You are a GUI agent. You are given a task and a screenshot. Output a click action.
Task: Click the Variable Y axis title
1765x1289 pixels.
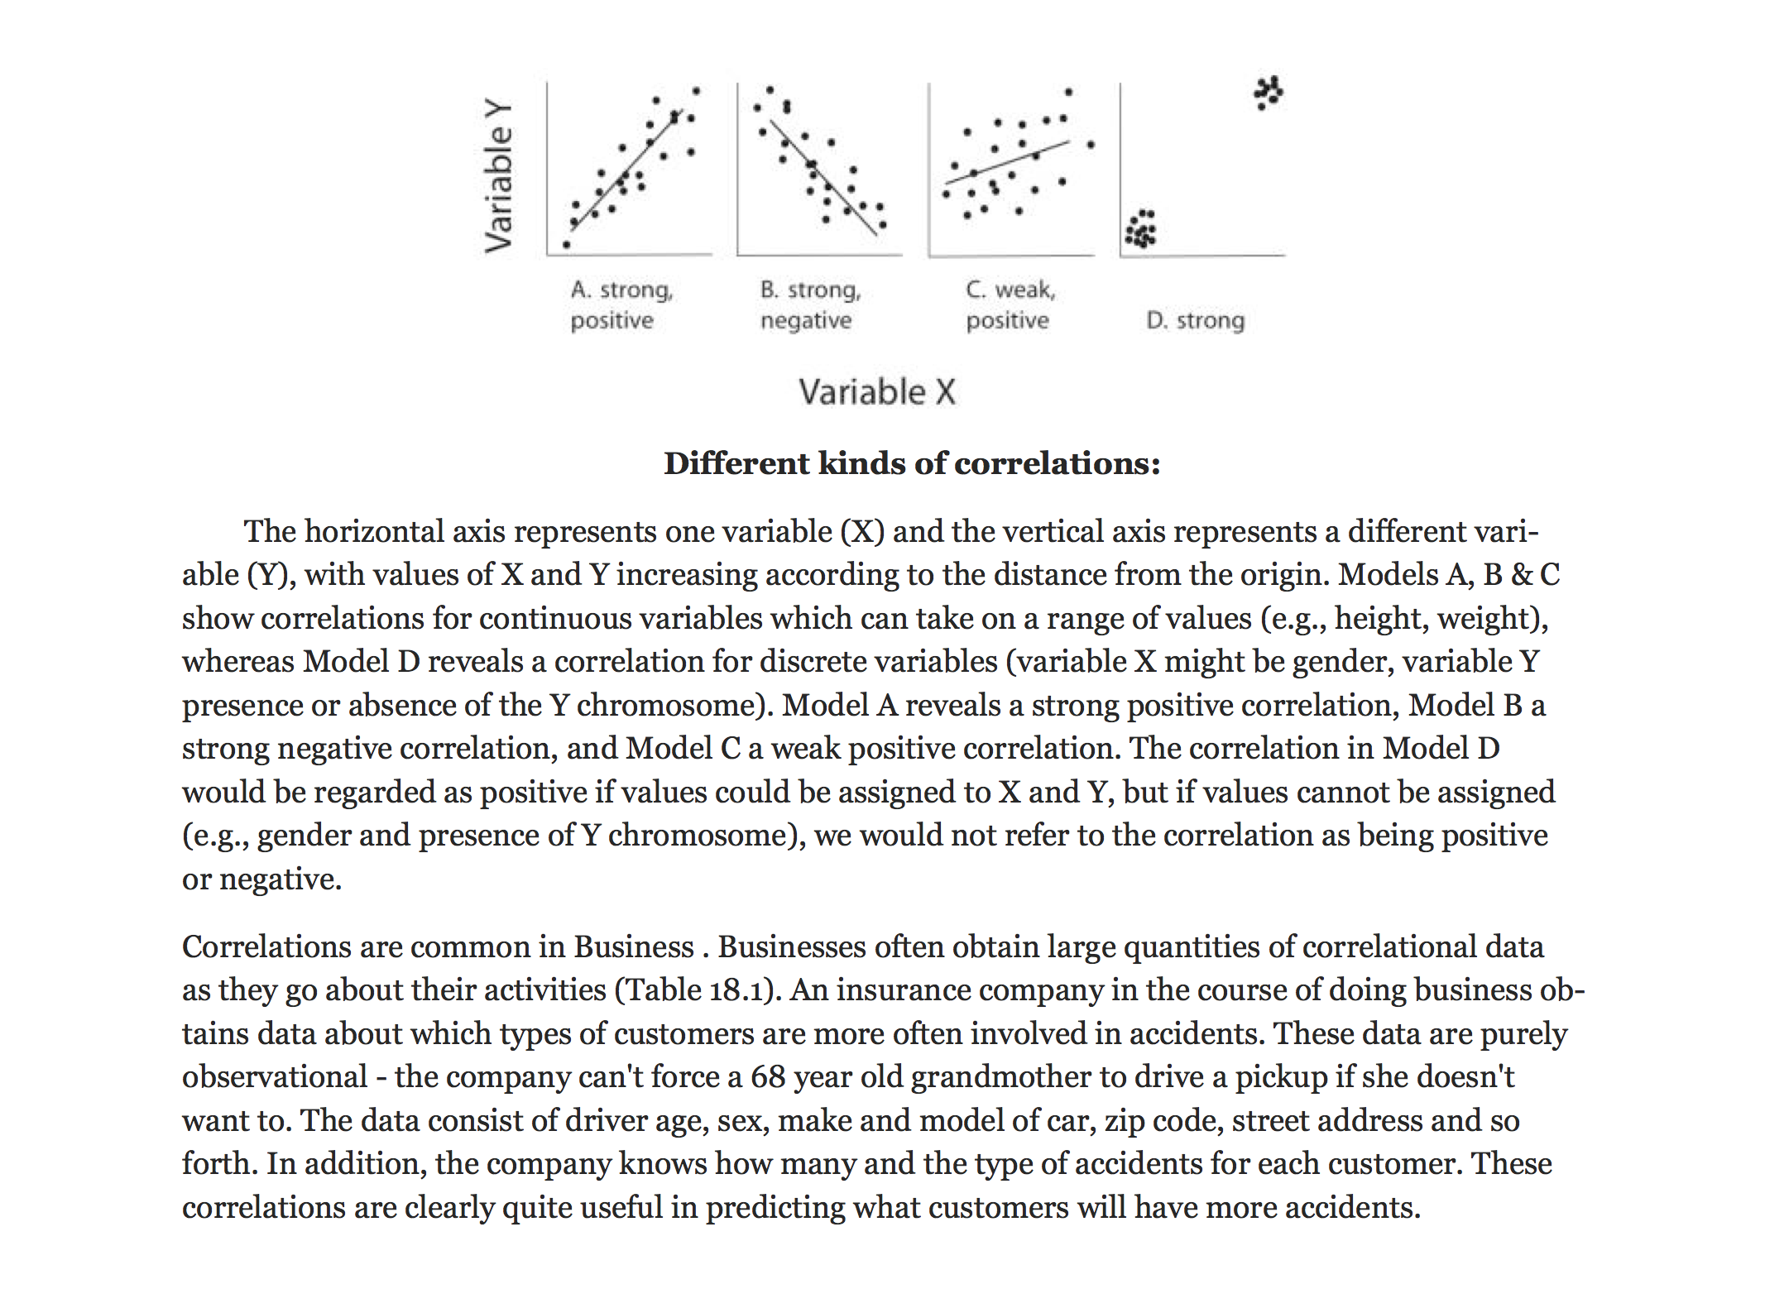coord(498,175)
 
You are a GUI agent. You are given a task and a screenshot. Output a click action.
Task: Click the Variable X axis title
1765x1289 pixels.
coord(877,392)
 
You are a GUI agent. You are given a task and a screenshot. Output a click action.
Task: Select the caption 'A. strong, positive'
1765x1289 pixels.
coord(621,304)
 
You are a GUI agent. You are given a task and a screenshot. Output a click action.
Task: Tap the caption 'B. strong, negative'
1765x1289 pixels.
coord(810,304)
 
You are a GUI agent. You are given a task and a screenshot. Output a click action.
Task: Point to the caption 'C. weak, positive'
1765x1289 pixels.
coord(1010,304)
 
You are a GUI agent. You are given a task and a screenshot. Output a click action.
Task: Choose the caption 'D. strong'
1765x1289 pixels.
coord(1195,320)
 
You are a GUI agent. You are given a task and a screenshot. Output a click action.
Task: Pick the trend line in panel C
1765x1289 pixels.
coord(1007,162)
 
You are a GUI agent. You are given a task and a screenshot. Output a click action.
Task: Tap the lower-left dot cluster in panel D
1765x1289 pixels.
coord(1141,229)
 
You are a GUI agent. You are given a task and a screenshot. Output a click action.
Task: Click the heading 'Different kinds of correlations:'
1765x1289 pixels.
coord(912,463)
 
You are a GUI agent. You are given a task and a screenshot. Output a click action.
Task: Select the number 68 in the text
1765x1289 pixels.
coord(767,1077)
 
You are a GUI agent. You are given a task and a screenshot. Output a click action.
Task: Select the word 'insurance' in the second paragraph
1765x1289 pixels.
coord(902,990)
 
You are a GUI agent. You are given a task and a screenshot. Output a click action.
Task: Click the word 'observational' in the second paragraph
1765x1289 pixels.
coord(275,1077)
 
